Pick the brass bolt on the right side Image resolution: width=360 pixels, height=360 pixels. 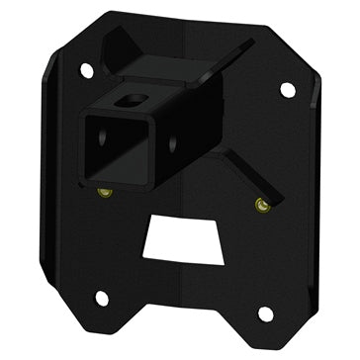click(259, 205)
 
